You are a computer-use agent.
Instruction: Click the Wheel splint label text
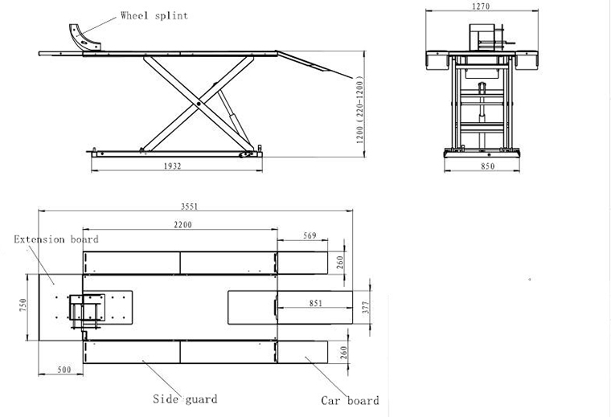tap(154, 15)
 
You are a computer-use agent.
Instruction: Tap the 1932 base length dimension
tap(172, 166)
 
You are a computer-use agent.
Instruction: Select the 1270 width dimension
tap(481, 6)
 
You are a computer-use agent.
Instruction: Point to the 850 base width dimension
tap(487, 166)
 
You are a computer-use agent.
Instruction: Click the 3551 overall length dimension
tap(190, 206)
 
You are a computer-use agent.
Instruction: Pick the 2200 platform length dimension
tap(182, 225)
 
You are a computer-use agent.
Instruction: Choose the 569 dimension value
tap(310, 235)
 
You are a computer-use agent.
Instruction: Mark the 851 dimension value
tap(316, 303)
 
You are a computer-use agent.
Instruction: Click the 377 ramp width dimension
tap(366, 307)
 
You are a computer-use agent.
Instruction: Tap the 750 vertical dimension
tap(23, 305)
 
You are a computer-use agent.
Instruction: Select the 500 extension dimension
tap(64, 370)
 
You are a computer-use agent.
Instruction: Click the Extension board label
tap(56, 239)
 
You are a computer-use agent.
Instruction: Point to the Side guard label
tap(185, 399)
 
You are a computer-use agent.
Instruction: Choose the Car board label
tap(350, 401)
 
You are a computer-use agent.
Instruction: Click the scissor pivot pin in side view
tap(199, 104)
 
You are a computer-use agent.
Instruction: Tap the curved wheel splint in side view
tap(83, 38)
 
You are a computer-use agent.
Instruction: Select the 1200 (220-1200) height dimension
tap(360, 110)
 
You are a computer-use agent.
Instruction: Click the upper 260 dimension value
tap(340, 262)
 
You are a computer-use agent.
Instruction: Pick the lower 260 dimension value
tap(344, 353)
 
